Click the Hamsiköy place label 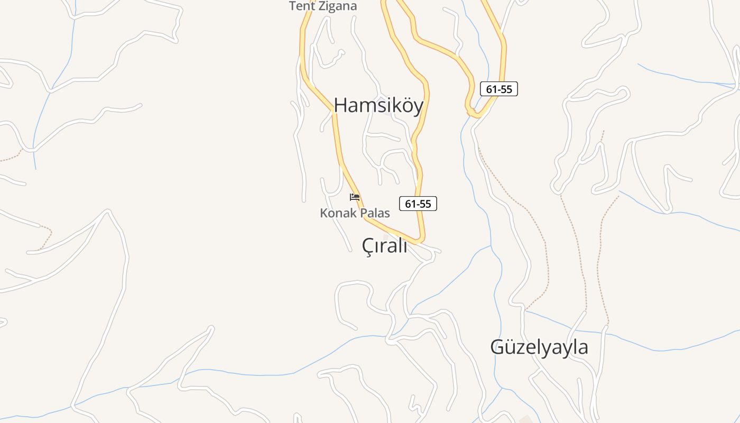(x=378, y=105)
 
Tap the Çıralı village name (x=384, y=245)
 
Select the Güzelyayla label (x=539, y=347)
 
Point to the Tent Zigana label (x=323, y=6)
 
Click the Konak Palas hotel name (x=355, y=213)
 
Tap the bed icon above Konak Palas (x=355, y=198)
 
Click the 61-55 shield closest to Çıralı (x=418, y=204)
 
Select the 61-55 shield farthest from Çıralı (x=499, y=89)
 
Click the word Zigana (x=338, y=6)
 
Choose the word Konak (x=337, y=213)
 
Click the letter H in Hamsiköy (x=340, y=105)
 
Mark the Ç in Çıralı (x=368, y=246)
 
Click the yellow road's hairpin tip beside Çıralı (x=421, y=241)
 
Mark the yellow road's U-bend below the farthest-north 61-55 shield (x=474, y=113)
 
